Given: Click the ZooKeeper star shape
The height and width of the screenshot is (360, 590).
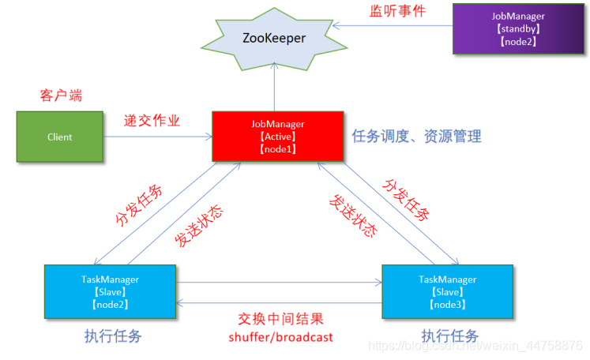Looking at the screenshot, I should pyautogui.click(x=274, y=38).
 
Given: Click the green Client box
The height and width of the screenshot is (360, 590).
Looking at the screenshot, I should pyautogui.click(x=59, y=137).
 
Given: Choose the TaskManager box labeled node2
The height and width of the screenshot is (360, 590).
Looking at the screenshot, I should pyautogui.click(x=111, y=291).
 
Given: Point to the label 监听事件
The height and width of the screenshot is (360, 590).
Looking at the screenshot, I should pyautogui.click(x=398, y=11).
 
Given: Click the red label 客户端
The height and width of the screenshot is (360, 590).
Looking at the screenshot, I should pyautogui.click(x=61, y=96).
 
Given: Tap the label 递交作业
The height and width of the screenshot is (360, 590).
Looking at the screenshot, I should pyautogui.click(x=152, y=121).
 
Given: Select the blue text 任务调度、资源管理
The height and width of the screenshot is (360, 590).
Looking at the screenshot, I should pyautogui.click(x=416, y=136).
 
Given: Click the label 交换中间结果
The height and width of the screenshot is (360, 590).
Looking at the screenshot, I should pyautogui.click(x=280, y=320).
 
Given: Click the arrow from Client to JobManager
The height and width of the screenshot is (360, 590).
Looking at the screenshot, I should pyautogui.click(x=158, y=137).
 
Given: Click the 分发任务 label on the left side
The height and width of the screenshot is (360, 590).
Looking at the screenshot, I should pyautogui.click(x=140, y=203).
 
